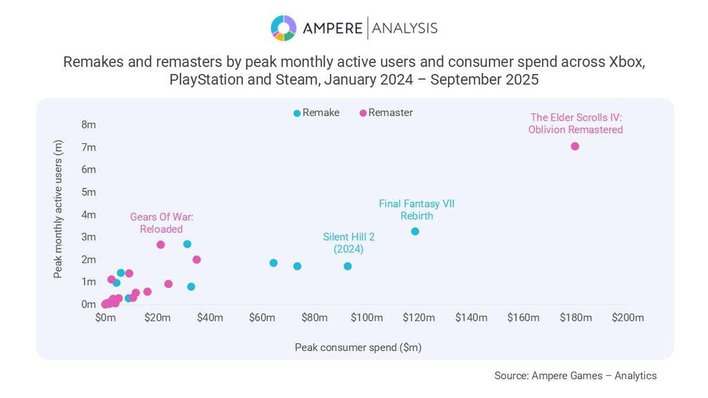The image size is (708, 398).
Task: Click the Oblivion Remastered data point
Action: click(575, 146)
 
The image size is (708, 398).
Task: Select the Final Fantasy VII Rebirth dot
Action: click(415, 231)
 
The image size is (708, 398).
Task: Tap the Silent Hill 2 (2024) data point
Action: click(348, 266)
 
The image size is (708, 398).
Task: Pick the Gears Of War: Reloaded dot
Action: click(160, 245)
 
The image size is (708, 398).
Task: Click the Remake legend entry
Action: click(317, 113)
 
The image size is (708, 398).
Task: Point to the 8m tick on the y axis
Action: click(88, 125)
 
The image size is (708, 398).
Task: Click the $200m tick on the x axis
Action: click(628, 318)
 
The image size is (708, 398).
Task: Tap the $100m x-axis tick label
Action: click(366, 318)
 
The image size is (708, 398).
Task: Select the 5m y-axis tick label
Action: click(88, 192)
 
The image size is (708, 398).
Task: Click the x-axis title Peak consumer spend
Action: click(357, 347)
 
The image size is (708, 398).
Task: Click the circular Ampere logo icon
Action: click(283, 28)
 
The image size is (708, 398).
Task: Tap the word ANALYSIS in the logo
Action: click(405, 28)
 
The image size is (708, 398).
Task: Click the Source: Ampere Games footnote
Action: click(575, 376)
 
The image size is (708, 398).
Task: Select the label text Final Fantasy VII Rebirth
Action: click(416, 209)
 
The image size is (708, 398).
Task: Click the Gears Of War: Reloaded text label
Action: click(161, 222)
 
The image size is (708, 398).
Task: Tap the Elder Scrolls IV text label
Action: click(576, 123)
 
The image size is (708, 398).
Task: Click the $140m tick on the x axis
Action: click(471, 318)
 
